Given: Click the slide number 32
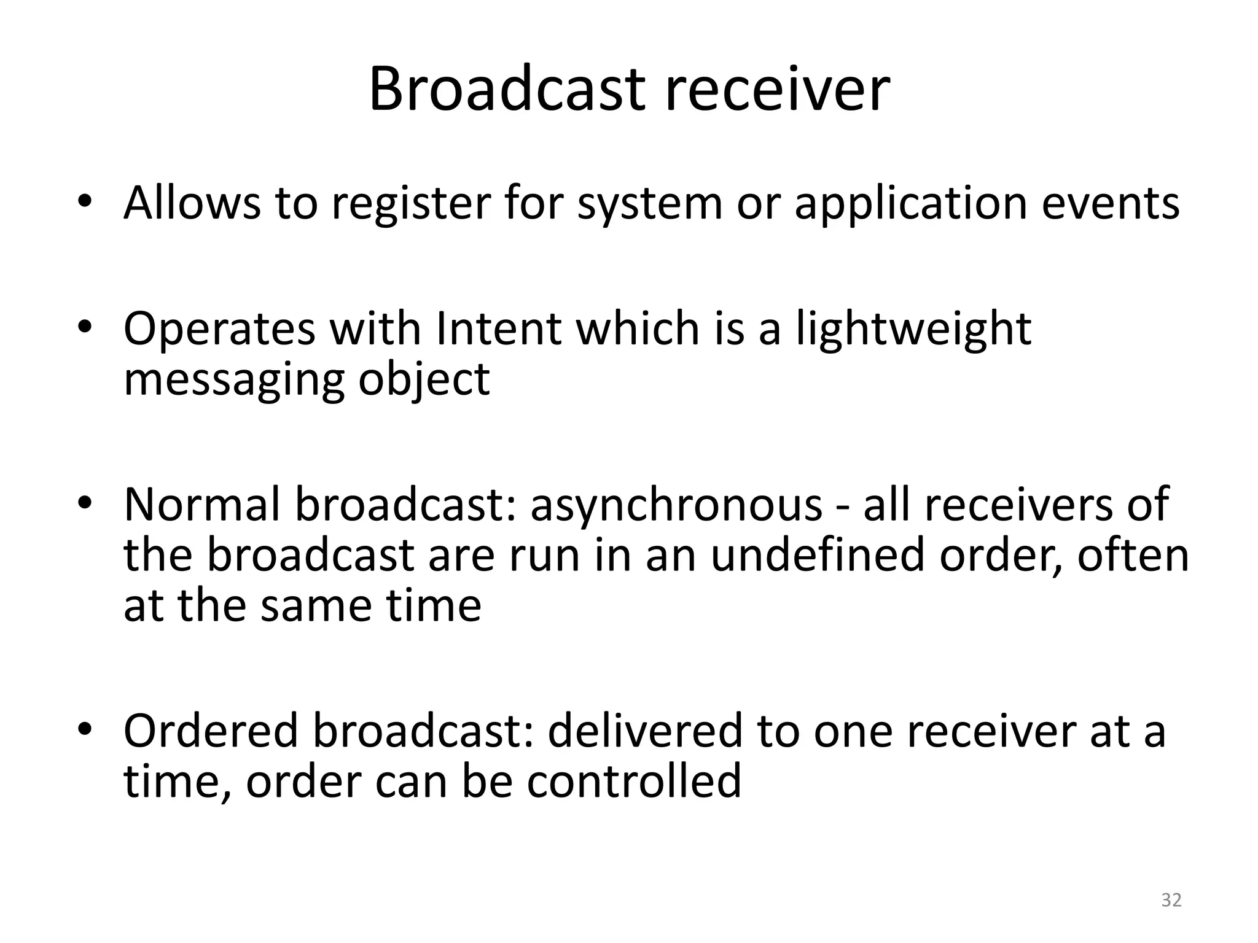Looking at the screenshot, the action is (1171, 900).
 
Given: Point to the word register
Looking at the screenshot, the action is (412, 204).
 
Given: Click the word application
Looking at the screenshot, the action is (911, 204).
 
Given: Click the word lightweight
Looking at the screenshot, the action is (913, 330).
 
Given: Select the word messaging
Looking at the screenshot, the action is (233, 380).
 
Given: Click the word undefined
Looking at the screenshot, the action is (818, 555).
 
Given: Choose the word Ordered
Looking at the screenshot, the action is (211, 731).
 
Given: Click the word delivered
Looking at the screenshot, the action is (645, 731).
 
